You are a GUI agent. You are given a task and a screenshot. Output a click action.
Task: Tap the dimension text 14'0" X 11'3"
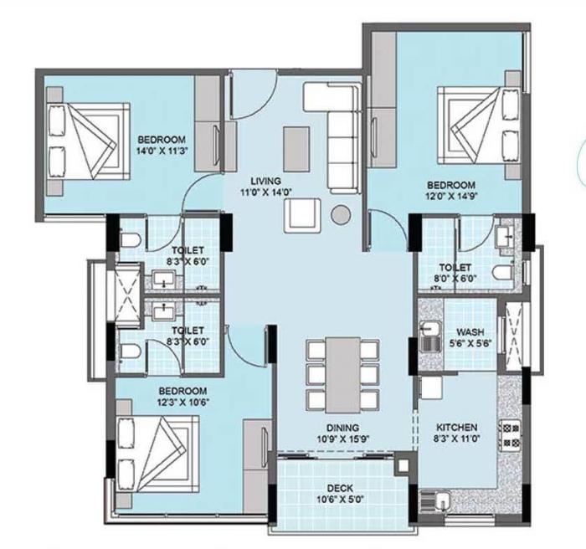162,151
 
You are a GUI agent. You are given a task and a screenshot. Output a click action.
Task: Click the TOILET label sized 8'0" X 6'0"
449,269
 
